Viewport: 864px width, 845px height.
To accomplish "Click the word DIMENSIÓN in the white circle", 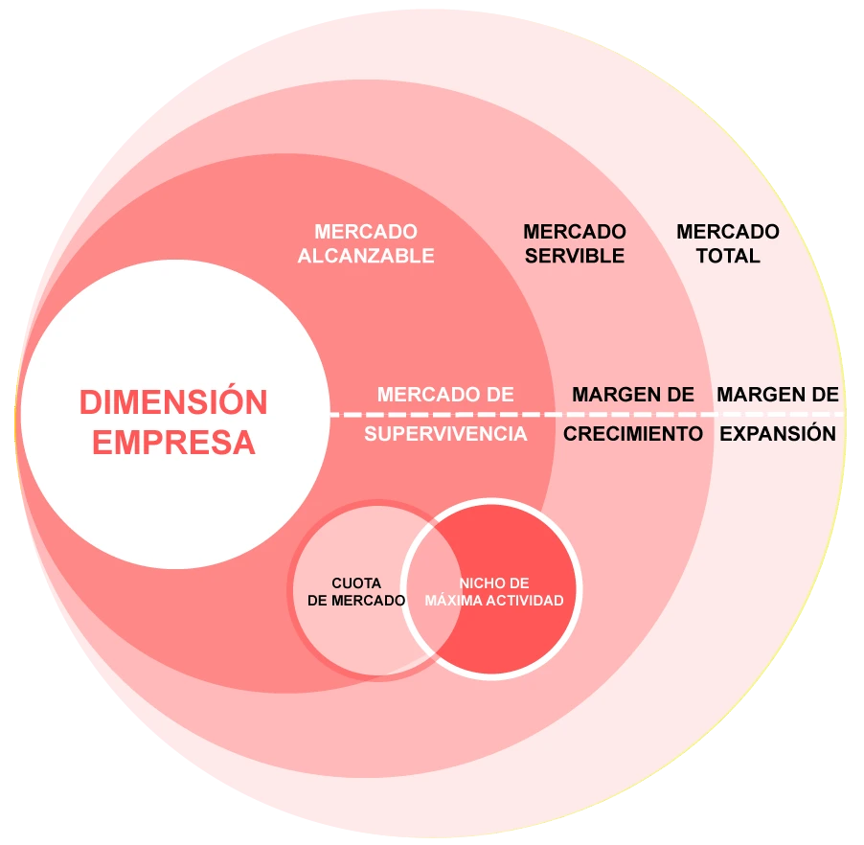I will tap(173, 402).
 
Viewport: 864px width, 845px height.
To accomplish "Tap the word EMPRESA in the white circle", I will tap(173, 443).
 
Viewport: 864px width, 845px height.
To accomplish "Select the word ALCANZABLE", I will tap(366, 256).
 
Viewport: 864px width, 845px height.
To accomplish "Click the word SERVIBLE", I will tap(575, 256).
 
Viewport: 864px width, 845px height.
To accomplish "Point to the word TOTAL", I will tap(728, 256).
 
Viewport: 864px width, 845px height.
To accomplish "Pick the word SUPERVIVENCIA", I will tap(445, 434).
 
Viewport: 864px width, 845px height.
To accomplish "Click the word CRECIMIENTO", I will tap(633, 433).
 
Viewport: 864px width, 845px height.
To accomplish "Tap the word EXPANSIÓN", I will tap(778, 433).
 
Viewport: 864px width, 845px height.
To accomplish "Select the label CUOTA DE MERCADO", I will tap(356, 592).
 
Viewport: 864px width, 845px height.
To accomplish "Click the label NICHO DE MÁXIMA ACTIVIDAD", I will tap(493, 592).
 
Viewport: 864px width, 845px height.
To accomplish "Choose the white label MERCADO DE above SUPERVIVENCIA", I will tap(445, 394).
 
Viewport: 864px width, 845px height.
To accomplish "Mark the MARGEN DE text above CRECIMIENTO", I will tap(633, 394).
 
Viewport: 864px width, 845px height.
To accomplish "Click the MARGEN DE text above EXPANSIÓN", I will tap(778, 394).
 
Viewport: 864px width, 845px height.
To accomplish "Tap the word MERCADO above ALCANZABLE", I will tap(366, 232).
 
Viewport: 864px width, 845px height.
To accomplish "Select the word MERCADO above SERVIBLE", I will tap(575, 232).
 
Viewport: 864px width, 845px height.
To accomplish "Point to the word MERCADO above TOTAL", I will tap(728, 232).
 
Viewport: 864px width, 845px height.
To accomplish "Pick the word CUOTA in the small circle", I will tap(356, 583).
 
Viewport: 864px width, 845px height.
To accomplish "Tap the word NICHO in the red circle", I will tap(478, 583).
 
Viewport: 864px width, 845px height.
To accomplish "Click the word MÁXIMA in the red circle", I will tap(458, 601).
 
